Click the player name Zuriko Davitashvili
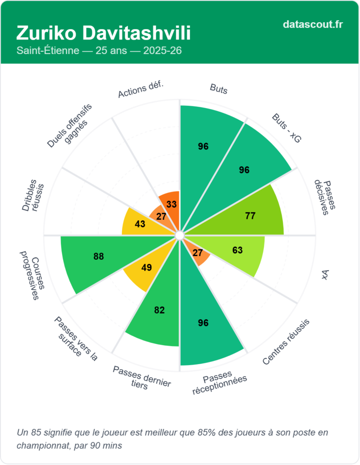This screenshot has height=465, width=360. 104,33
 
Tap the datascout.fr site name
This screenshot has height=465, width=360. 312,24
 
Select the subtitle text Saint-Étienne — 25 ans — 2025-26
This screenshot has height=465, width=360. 99,50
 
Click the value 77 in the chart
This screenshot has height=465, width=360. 250,216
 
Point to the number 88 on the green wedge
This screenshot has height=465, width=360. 99,257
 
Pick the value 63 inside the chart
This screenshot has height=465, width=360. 237,250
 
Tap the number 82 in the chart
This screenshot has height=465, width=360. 159,311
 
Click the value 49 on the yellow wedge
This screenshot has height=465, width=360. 146,267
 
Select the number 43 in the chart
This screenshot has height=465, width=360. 140,224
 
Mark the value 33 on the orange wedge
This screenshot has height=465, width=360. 172,204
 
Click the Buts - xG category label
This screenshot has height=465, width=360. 286,129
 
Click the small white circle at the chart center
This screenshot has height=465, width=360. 179,235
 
